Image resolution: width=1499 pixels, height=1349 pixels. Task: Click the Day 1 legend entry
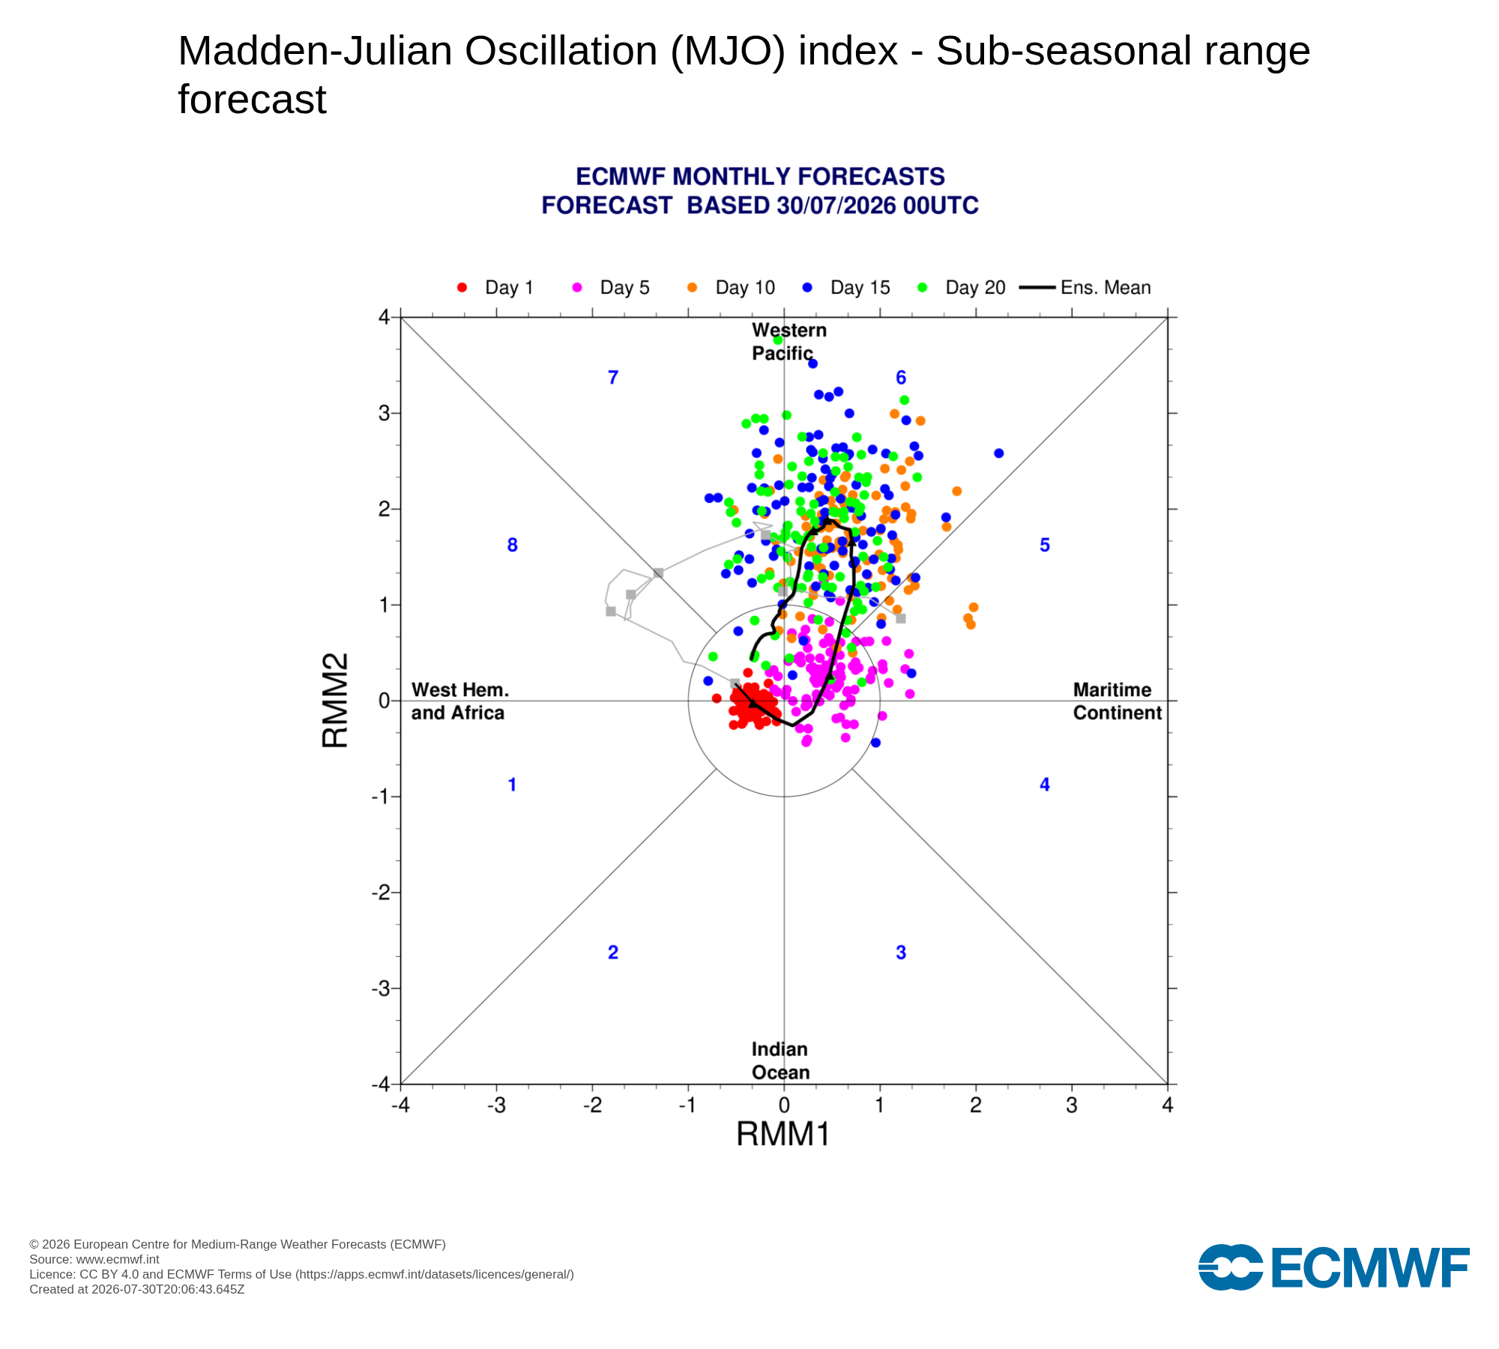click(495, 288)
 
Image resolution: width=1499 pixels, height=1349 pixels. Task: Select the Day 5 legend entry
click(611, 288)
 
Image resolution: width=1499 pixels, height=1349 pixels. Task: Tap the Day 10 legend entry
click(731, 288)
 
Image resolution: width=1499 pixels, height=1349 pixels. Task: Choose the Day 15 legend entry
click(846, 288)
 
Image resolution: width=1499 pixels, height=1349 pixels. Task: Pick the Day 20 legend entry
click(962, 288)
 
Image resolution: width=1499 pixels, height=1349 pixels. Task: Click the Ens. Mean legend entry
click(1085, 288)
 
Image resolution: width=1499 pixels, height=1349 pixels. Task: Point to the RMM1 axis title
click(783, 1135)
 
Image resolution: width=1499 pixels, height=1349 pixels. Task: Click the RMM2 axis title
click(335, 701)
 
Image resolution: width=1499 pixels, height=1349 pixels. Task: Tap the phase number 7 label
click(613, 378)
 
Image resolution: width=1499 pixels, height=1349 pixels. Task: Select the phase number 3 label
click(901, 953)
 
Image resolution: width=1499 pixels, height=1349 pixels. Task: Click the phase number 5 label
click(1045, 546)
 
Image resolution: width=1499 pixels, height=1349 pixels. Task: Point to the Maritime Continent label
click(1117, 701)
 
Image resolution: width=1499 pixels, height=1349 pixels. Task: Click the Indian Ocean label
click(780, 1060)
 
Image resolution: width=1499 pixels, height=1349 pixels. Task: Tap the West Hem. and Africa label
click(459, 701)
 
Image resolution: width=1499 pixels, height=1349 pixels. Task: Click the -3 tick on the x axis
click(496, 1105)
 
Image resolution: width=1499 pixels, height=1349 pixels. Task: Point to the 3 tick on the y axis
click(384, 413)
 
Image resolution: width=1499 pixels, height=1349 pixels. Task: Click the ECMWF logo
click(1334, 1267)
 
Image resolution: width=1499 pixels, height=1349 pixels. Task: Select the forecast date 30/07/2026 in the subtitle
click(836, 205)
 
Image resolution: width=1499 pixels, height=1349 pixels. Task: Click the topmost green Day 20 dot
click(778, 340)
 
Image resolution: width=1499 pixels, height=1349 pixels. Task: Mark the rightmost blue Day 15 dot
click(998, 453)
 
